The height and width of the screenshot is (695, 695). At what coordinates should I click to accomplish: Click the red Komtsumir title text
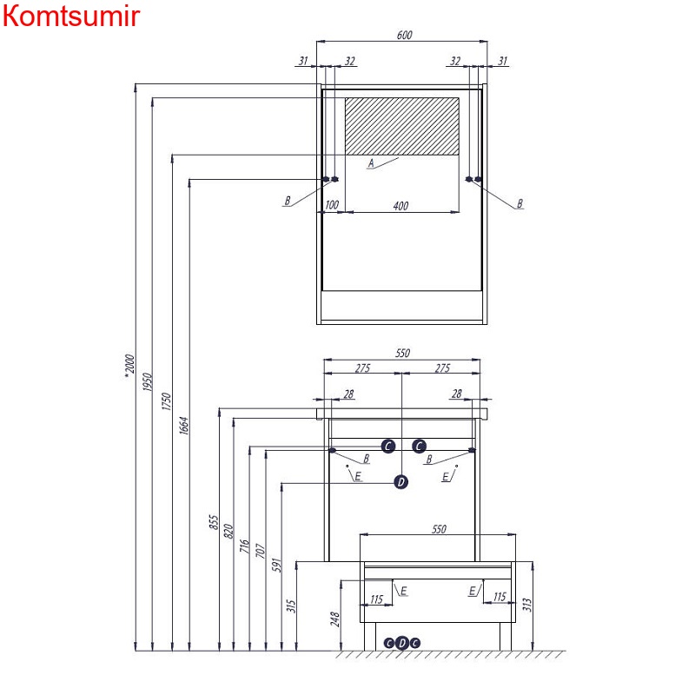pyautogui.click(x=71, y=16)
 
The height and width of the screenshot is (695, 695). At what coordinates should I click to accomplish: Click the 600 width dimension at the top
pyautogui.click(x=404, y=35)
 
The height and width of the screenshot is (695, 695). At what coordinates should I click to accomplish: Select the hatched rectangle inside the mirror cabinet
pyautogui.click(x=402, y=126)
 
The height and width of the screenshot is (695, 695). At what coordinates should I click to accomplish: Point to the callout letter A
pyautogui.click(x=371, y=163)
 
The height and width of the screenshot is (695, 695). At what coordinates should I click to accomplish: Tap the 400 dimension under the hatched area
pyautogui.click(x=400, y=206)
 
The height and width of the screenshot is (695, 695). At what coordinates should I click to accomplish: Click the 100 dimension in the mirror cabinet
pyautogui.click(x=332, y=205)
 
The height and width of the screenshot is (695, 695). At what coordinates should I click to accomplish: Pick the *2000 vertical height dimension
pyautogui.click(x=129, y=366)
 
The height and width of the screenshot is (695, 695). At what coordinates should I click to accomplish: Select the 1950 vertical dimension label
pyautogui.click(x=147, y=382)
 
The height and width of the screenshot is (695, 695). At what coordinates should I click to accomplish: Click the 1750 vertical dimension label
pyautogui.click(x=166, y=401)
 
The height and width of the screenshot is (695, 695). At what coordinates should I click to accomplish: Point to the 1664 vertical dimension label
pyautogui.click(x=184, y=426)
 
